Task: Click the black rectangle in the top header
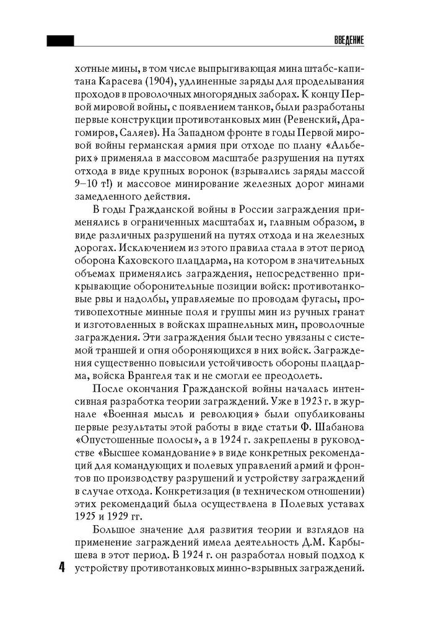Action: (x=60, y=40)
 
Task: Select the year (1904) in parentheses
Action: (x=164, y=82)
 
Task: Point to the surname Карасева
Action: (x=124, y=82)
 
